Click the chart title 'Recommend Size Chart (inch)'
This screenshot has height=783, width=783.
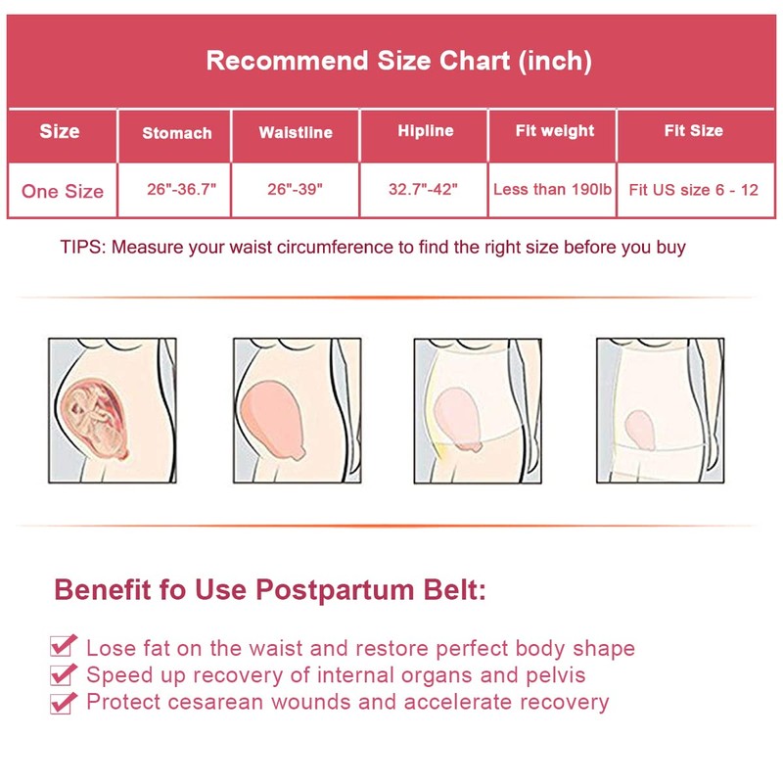tap(398, 61)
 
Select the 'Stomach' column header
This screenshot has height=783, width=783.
tap(176, 133)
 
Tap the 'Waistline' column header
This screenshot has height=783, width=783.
tap(296, 133)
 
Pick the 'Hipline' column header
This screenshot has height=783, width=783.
tap(426, 131)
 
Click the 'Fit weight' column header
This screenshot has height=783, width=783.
tap(555, 131)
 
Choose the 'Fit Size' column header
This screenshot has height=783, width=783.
tap(693, 131)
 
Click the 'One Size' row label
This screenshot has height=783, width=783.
tap(63, 191)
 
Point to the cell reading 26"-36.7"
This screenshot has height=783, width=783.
tap(175, 190)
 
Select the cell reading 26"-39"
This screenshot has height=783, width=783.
tap(296, 190)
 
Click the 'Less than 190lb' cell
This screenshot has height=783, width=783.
tap(553, 190)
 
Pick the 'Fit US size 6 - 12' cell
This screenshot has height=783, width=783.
tap(694, 190)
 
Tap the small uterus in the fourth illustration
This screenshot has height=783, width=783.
tap(640, 425)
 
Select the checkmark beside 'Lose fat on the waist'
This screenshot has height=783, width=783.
tap(64, 646)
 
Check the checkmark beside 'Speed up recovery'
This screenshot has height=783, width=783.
tap(64, 673)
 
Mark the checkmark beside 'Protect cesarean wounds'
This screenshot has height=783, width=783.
tap(64, 701)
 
